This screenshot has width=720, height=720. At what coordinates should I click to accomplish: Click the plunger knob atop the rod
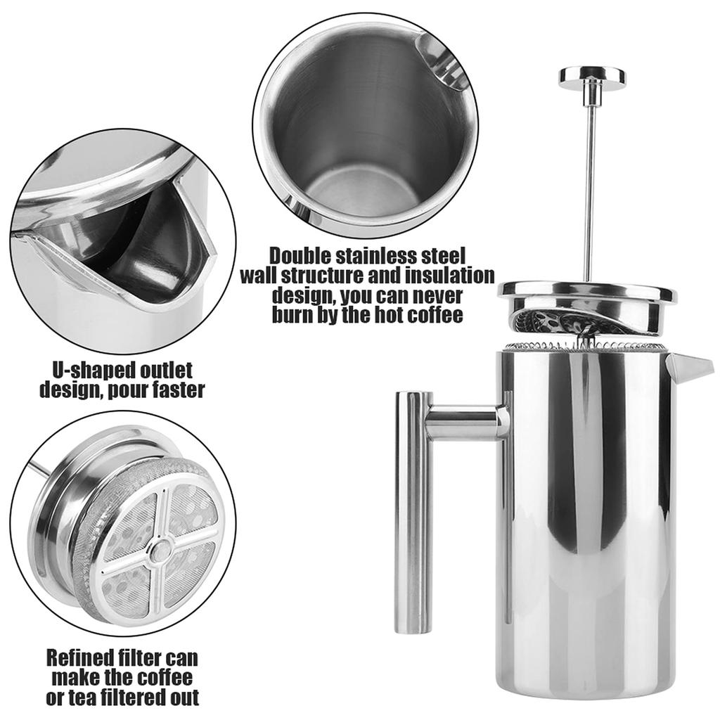click(x=592, y=76)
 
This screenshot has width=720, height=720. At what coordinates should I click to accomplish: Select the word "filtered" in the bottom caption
click(x=141, y=697)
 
